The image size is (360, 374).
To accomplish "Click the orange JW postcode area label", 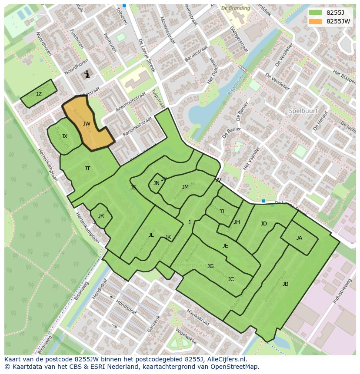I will [87, 124].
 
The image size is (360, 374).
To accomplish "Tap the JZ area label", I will [39, 94].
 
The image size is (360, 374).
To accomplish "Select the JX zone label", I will [64, 136].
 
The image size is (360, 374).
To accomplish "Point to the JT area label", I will [87, 169].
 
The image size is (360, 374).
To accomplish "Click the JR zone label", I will [101, 216].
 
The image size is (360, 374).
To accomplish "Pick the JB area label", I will [285, 284].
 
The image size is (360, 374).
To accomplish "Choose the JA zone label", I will [299, 238].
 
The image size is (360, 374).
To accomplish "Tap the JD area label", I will [263, 224].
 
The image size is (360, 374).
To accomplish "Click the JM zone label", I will [185, 187].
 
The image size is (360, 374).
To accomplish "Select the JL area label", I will [151, 235].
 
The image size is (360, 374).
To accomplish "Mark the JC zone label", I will [231, 279].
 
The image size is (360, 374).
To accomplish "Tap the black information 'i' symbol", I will [87, 74].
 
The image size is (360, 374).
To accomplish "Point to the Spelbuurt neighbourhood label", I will [301, 111].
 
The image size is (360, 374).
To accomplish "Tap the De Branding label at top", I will [235, 8].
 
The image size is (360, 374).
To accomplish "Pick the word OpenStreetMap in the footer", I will [235, 367].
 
